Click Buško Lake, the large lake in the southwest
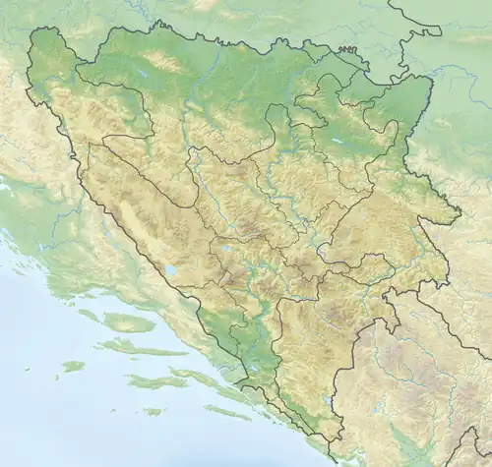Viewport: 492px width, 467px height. click(168, 269)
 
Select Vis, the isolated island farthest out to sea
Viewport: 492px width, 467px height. click(72, 366)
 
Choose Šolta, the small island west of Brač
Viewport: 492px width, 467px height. click(89, 316)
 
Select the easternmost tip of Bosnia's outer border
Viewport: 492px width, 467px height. click(460, 211)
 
